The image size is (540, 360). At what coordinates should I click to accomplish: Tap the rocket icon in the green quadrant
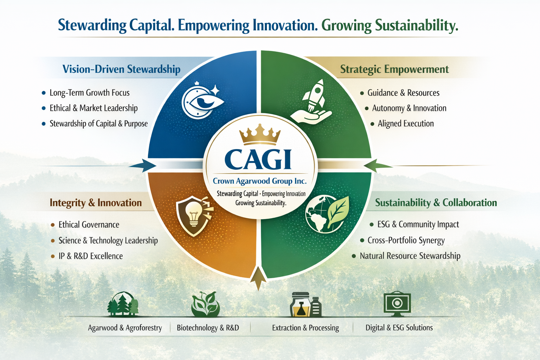[311, 102]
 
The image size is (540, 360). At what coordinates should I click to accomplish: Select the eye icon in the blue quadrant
[202, 101]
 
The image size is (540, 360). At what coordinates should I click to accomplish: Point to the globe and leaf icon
[327, 214]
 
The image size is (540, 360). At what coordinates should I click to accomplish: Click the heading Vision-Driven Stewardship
[121, 69]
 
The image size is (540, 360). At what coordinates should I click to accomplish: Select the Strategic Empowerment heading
[394, 69]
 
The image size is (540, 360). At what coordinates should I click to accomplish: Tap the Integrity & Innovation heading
[96, 203]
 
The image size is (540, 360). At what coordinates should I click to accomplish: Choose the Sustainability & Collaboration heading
[436, 203]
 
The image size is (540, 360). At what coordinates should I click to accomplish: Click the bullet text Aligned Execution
[406, 123]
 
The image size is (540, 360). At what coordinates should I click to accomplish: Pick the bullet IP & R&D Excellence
[91, 256]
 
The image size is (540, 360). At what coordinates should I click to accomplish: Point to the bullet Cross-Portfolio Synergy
[406, 240]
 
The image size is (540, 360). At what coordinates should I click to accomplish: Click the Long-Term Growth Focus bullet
[89, 92]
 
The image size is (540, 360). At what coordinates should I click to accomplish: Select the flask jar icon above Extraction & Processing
[306, 304]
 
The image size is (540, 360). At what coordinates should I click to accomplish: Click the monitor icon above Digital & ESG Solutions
[397, 304]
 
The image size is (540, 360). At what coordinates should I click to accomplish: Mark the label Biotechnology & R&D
[208, 328]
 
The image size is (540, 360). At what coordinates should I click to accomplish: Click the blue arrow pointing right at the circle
[142, 166]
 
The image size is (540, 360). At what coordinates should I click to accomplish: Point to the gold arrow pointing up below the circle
[258, 278]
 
